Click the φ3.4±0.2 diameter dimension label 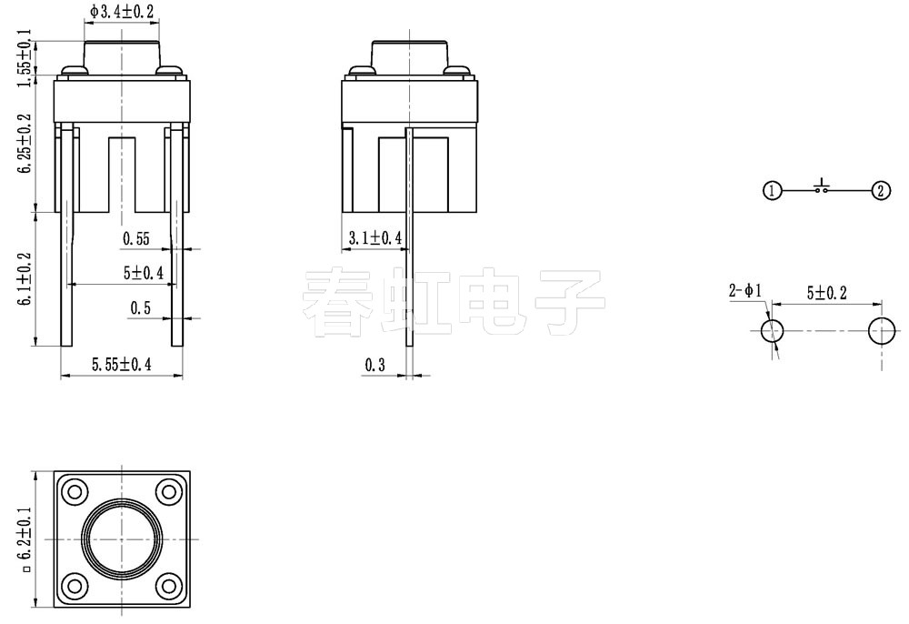(123, 12)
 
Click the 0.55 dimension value (135, 239)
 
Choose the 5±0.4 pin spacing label (143, 273)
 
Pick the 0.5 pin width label (140, 308)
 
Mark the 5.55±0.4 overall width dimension (121, 365)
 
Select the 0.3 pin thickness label (375, 365)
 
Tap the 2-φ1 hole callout (745, 291)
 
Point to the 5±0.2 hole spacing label (826, 293)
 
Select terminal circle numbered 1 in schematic (772, 190)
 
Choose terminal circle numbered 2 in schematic (880, 190)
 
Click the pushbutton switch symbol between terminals (823, 187)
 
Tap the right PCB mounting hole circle (880, 331)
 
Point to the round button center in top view (122, 538)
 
